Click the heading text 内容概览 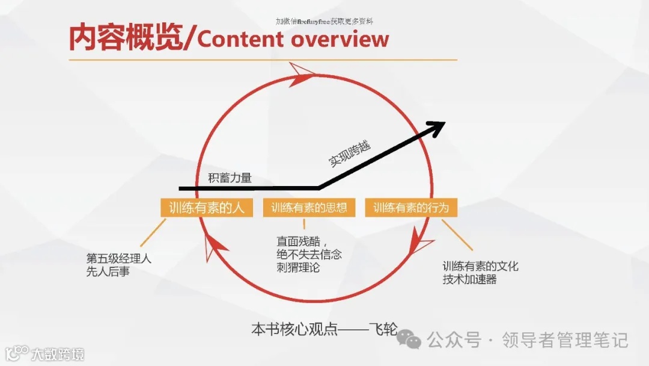[124, 38]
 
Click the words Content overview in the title [293, 40]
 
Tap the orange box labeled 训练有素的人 [206, 208]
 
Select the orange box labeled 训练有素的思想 [309, 208]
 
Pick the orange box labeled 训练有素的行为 [411, 208]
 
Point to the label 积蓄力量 [230, 178]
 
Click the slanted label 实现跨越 [349, 154]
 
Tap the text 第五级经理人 [118, 259]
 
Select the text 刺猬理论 [298, 267]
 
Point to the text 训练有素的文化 [480, 267]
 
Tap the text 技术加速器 [470, 279]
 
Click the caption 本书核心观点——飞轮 [324, 330]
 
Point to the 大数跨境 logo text [58, 353]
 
